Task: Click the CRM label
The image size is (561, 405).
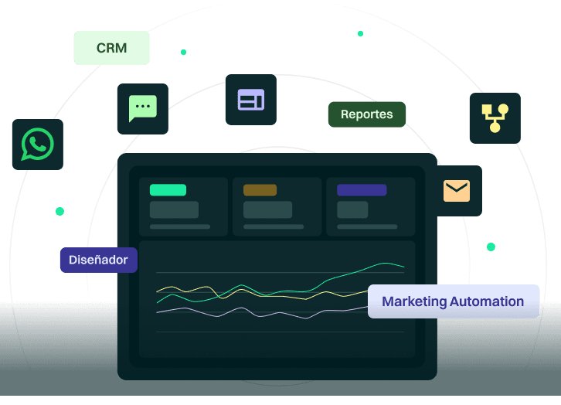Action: click(x=111, y=48)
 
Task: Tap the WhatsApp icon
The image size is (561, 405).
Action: click(x=37, y=145)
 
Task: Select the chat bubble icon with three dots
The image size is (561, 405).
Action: click(x=142, y=108)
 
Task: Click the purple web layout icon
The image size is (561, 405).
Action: click(x=250, y=100)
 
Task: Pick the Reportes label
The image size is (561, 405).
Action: click(x=367, y=114)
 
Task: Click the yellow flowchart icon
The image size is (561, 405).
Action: click(x=495, y=118)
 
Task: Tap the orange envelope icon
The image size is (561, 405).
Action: click(x=457, y=190)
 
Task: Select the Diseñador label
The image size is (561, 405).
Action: click(x=98, y=260)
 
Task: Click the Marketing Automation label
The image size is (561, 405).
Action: click(x=453, y=301)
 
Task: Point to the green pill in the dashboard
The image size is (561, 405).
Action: click(x=168, y=190)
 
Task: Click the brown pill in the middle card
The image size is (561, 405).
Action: click(x=260, y=190)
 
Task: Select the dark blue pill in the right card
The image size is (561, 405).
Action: click(x=362, y=190)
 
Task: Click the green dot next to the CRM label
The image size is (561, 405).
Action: click(x=183, y=53)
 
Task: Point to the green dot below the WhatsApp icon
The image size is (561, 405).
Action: click(x=59, y=211)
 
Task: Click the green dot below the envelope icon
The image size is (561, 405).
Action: click(x=491, y=247)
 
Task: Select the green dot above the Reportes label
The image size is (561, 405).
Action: click(x=360, y=34)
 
